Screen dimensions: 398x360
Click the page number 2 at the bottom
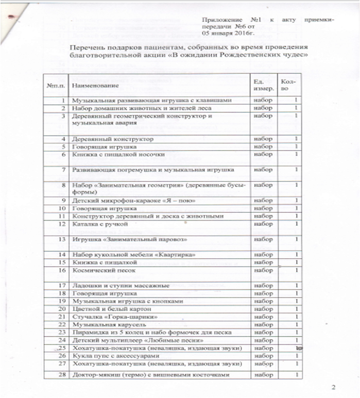[333, 387]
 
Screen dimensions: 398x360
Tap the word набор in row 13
[261, 240]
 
